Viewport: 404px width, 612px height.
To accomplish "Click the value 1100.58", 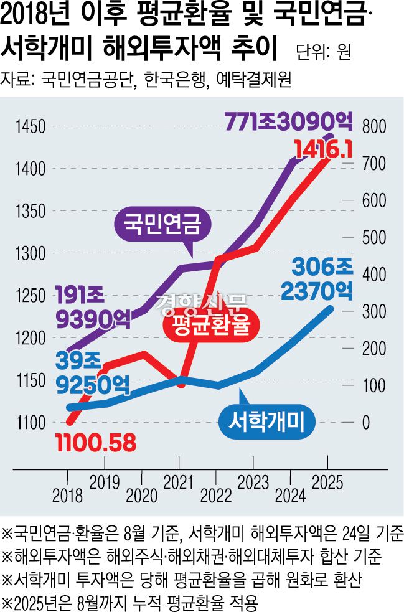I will (95, 443).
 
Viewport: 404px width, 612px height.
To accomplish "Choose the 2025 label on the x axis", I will (327, 481).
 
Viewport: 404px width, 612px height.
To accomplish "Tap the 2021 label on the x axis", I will (179, 481).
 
